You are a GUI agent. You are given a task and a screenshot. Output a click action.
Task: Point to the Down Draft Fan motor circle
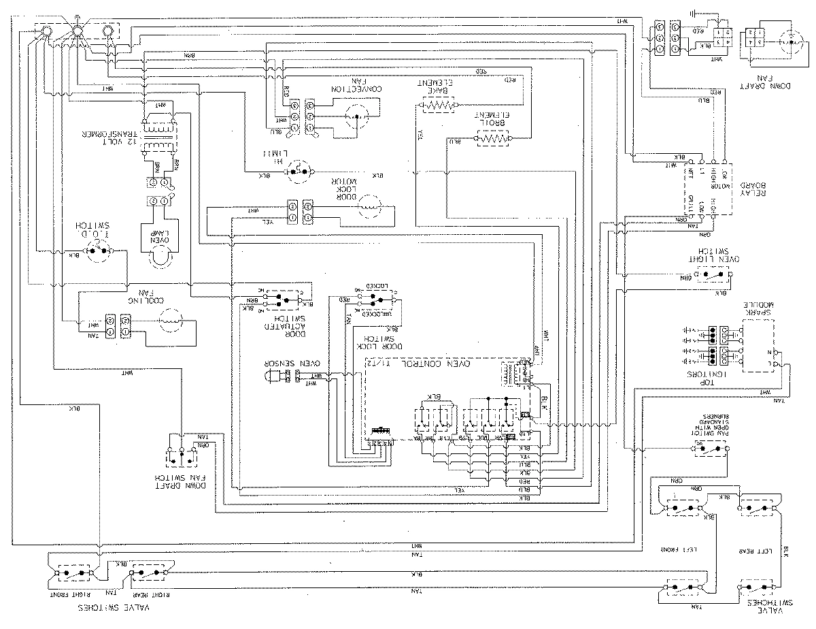(x=793, y=41)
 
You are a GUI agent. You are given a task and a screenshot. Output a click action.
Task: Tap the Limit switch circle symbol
(x=298, y=172)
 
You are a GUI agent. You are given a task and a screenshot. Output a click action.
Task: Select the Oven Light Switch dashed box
(x=711, y=276)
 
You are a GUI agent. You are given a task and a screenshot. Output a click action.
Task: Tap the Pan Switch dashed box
(x=707, y=448)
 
